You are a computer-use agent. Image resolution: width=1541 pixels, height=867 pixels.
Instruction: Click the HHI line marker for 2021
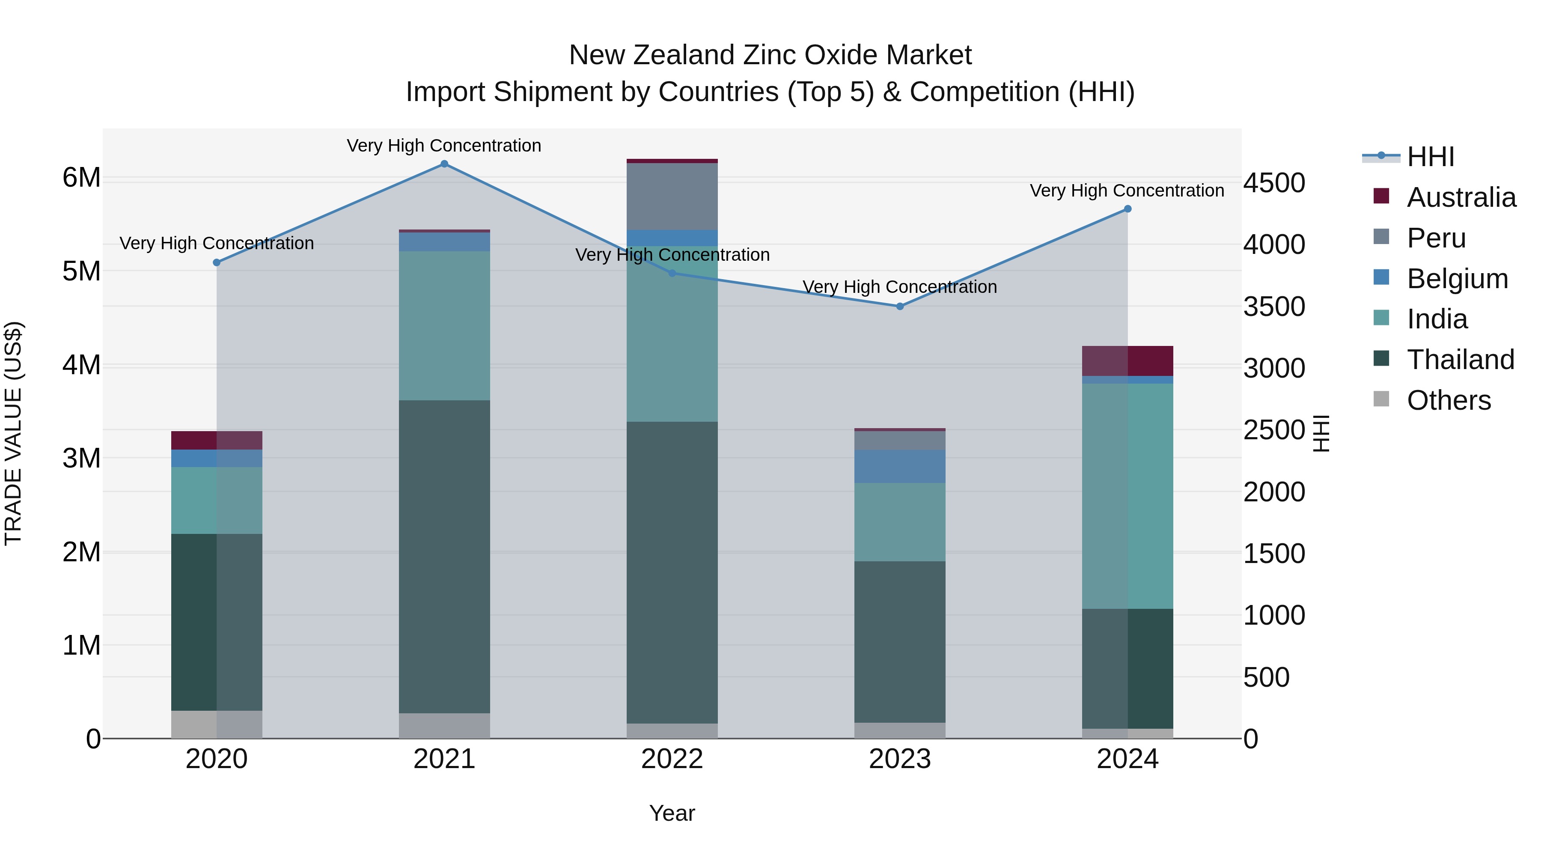444,164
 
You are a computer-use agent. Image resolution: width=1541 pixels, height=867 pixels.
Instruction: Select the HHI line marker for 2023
900,307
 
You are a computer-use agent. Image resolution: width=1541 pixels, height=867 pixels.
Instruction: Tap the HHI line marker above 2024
1127,209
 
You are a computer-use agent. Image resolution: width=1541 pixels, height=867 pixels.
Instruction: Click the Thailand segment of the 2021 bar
444,557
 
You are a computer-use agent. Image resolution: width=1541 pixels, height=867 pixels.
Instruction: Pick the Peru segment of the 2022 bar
672,196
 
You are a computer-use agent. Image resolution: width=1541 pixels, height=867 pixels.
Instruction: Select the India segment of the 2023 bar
900,522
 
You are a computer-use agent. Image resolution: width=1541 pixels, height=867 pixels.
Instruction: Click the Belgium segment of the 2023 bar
900,466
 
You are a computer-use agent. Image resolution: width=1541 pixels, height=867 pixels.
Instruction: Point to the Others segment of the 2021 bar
444,725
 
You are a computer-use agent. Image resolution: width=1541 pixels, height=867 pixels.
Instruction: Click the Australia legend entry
1461,197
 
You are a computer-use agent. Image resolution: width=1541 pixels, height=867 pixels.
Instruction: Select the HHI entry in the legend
1430,157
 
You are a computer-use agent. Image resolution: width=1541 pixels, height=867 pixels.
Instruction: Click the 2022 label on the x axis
672,759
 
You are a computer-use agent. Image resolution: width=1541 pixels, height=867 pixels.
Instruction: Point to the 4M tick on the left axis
81,364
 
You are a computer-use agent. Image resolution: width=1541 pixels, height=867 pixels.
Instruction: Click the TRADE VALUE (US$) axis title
13,433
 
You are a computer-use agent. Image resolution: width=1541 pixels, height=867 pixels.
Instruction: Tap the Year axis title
672,813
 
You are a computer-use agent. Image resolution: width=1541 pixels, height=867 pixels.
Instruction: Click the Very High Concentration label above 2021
444,146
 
